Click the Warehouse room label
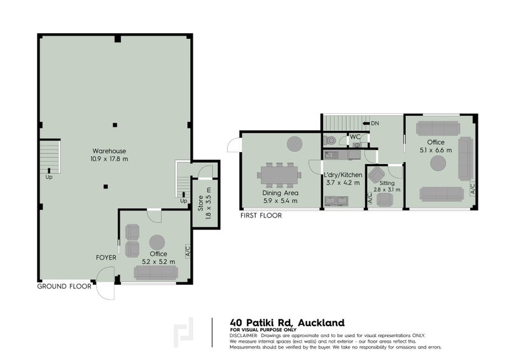pos(109,151)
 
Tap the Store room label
pos(200,203)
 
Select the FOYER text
pos(106,258)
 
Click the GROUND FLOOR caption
pos(64,286)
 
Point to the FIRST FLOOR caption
pos(261,216)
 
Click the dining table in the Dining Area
pos(279,175)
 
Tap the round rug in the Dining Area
pos(295,144)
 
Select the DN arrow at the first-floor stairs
pos(366,123)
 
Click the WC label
pos(355,137)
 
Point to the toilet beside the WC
pos(330,140)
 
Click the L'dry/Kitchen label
pos(343,175)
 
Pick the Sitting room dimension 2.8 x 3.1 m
pos(387,190)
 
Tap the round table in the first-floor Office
pos(438,163)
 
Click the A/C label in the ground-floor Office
pos(188,251)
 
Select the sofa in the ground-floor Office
pos(156,273)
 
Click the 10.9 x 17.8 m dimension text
pos(109,159)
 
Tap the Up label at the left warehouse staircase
pos(49,177)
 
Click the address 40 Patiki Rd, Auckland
pos(288,322)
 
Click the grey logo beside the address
pos(183,333)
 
